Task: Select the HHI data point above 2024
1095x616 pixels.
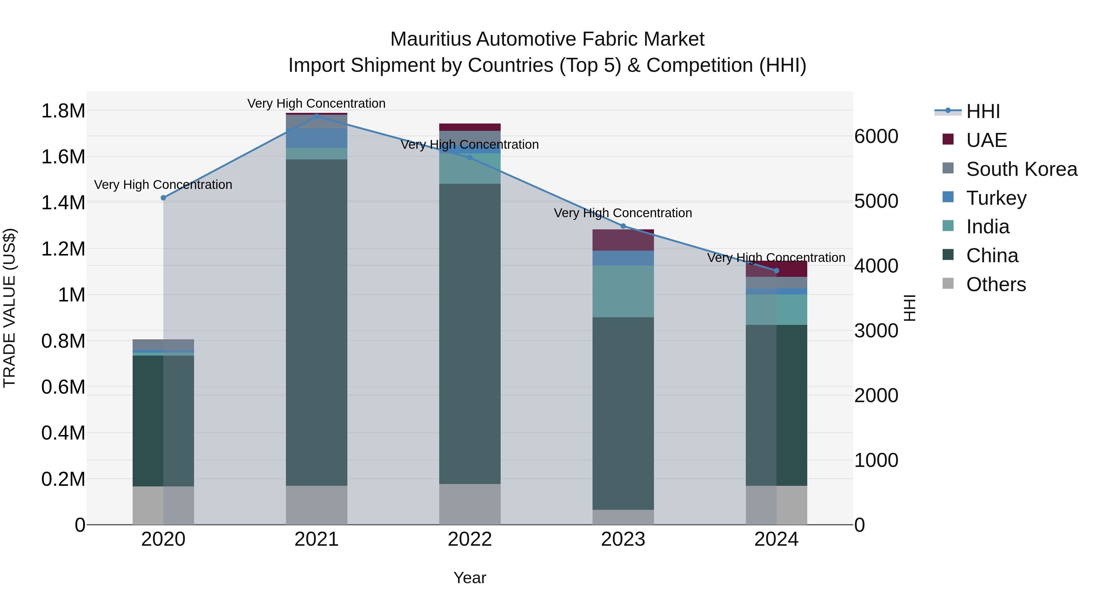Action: [x=776, y=271]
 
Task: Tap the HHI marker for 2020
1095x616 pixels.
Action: [x=163, y=198]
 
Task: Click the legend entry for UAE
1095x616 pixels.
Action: [x=986, y=140]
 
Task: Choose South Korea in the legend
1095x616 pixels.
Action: [x=1021, y=169]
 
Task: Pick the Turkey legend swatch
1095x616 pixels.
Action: [x=948, y=197]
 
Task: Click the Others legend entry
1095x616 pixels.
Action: [x=996, y=284]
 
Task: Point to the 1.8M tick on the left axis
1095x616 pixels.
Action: [x=63, y=111]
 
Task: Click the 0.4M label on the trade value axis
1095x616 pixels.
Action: [x=63, y=433]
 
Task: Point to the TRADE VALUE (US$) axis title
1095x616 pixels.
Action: [x=9, y=308]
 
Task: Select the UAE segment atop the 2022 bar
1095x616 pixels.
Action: [x=470, y=127]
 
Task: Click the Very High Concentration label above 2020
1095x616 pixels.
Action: [x=163, y=185]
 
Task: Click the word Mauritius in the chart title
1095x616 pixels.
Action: [x=431, y=40]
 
